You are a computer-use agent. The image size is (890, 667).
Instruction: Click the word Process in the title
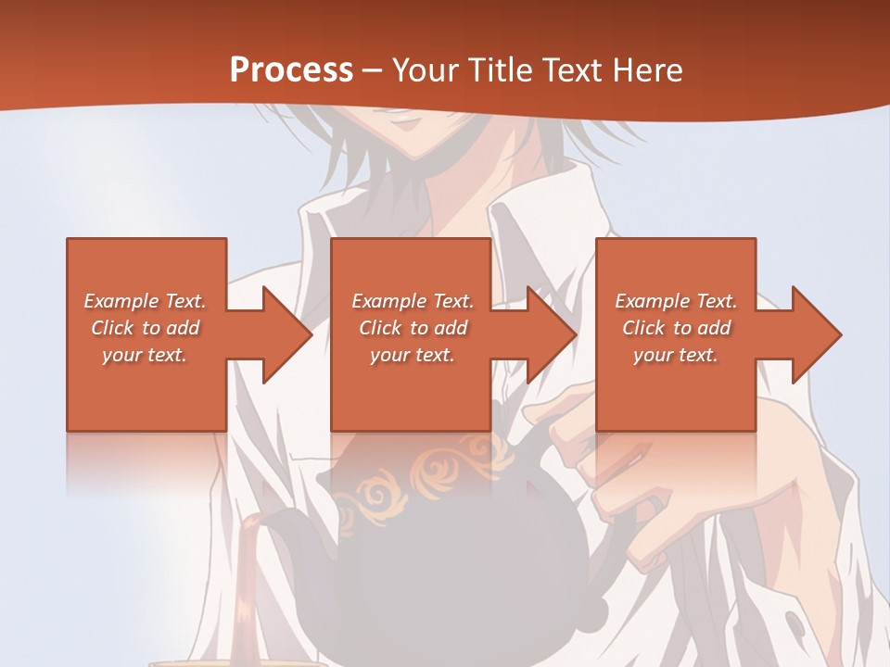[x=291, y=70]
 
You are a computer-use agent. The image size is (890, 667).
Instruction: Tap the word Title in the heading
[x=498, y=70]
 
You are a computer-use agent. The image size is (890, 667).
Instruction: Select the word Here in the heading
[x=646, y=70]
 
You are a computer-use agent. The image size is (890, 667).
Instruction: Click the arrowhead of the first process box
[x=286, y=334]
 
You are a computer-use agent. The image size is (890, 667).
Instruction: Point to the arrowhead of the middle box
[x=552, y=334]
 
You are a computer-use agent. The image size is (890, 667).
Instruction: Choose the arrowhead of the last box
[x=817, y=334]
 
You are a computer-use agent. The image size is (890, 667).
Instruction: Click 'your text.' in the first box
[x=145, y=355]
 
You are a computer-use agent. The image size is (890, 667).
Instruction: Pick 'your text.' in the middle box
[x=413, y=355]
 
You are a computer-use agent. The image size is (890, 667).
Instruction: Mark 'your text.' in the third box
[x=676, y=355]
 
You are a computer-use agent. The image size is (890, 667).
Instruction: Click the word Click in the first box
[x=112, y=328]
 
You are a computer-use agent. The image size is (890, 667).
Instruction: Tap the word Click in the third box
[x=643, y=328]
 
